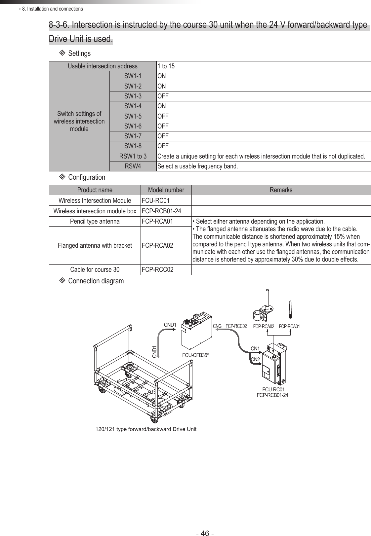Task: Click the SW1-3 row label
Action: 133,96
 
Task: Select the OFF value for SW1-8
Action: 163,146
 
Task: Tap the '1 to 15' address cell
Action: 166,66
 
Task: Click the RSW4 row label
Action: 133,166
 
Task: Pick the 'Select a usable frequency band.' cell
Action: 197,166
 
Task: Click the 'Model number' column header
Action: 166,190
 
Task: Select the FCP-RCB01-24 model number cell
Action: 161,211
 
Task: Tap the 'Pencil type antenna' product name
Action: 95,221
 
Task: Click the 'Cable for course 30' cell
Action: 95,269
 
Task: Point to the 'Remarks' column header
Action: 281,190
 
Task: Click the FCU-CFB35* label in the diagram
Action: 196,355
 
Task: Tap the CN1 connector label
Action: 255,348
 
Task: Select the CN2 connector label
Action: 255,359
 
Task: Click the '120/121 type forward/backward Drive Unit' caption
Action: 146,429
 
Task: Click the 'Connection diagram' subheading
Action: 96,281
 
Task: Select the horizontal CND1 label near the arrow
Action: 170,325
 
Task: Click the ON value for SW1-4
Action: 162,106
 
